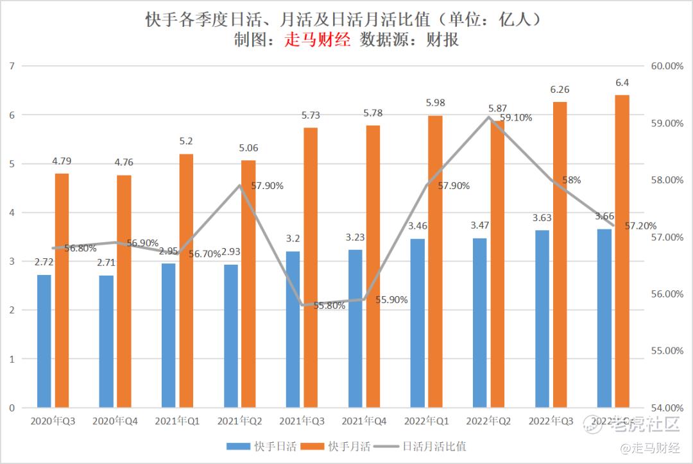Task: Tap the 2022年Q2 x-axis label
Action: pyautogui.click(x=488, y=421)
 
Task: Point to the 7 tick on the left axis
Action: pyautogui.click(x=12, y=66)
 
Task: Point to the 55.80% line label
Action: pyautogui.click(x=330, y=306)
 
